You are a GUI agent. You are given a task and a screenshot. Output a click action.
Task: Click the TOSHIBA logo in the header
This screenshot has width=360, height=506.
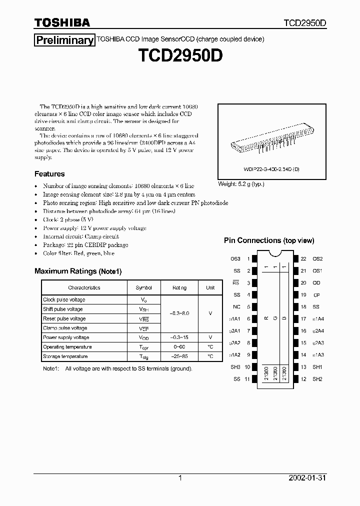click(x=62, y=22)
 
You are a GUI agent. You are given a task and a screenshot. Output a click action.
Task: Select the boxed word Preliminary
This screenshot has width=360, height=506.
click(x=64, y=40)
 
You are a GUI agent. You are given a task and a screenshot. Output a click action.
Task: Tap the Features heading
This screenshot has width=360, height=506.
click(x=49, y=174)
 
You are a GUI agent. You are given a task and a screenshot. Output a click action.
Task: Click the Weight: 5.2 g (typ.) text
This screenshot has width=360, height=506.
click(x=241, y=184)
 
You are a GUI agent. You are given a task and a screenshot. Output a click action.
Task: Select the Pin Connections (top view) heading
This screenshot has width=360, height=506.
click(x=269, y=240)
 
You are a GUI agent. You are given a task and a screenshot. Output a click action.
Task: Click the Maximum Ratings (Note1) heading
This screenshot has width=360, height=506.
click(x=78, y=271)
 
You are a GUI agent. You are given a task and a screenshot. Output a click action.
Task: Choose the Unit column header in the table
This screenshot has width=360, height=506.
click(x=210, y=287)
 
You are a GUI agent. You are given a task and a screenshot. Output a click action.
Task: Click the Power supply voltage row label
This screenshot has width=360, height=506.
click(x=66, y=337)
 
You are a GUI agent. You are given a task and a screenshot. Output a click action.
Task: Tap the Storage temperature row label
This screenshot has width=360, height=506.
click(x=65, y=356)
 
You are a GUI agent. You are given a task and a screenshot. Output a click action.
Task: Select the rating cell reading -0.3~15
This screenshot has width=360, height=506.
click(x=179, y=337)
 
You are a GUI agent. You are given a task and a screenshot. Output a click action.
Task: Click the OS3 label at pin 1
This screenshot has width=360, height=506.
click(x=235, y=259)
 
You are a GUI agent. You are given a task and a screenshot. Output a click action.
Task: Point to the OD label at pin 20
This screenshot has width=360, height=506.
click(x=316, y=283)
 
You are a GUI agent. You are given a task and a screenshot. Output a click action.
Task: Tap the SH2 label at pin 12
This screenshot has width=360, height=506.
click(x=317, y=379)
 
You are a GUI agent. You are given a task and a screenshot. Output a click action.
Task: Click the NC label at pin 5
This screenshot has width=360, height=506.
click(x=236, y=307)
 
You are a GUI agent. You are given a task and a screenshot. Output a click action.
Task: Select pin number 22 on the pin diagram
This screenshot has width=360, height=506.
click(x=303, y=259)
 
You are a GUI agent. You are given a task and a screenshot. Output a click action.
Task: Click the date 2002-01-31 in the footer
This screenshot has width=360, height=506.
click(x=307, y=478)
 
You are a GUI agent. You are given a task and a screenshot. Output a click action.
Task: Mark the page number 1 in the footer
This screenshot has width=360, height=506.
click(x=180, y=478)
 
